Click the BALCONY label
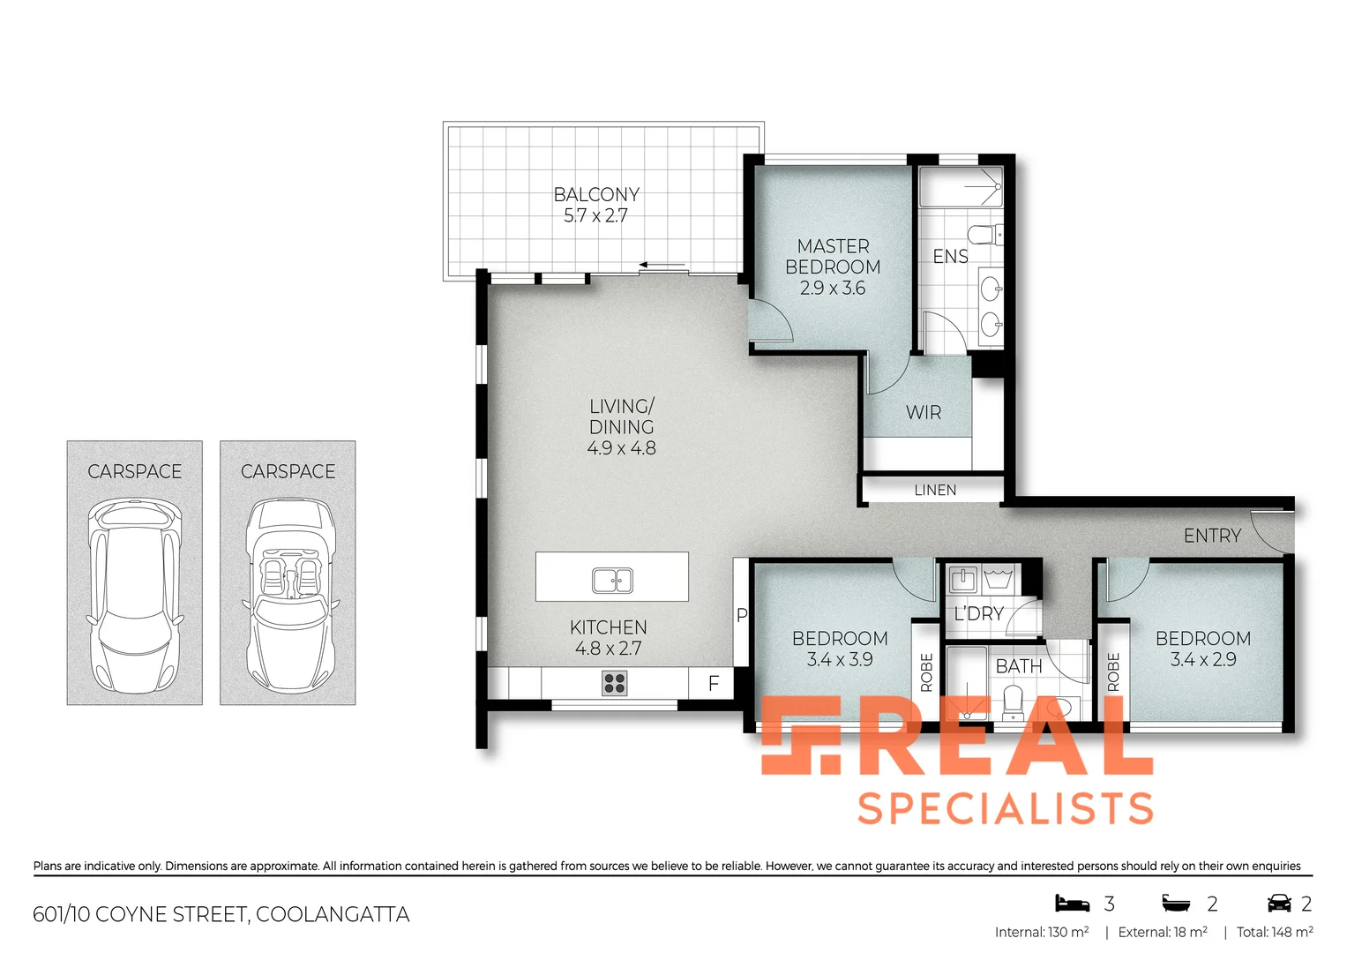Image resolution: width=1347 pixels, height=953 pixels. pos(596,194)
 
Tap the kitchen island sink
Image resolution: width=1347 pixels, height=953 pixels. pos(612,581)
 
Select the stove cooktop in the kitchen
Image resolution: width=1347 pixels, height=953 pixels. pos(615,683)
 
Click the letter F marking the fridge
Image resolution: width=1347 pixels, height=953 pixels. pos(714,683)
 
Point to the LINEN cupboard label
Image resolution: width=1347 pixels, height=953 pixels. pos(935,490)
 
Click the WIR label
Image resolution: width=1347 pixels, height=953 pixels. pos(924,412)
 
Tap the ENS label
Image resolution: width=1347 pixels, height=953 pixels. pos(950,256)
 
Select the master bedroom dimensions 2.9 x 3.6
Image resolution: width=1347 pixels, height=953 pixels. pos(833,288)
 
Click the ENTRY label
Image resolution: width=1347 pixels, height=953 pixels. pos(1212,536)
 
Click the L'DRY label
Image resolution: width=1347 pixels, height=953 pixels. pos(979,613)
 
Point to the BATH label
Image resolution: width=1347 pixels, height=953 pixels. pos(1019,666)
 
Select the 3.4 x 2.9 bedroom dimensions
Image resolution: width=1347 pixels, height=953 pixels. pos(1203,659)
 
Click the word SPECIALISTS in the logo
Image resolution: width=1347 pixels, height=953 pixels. pos(1006,808)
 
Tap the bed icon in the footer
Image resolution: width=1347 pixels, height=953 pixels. pos(1073,904)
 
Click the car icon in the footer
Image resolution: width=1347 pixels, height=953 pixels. pos(1278,904)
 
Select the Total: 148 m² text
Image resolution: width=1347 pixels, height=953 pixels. pos(1275,932)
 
